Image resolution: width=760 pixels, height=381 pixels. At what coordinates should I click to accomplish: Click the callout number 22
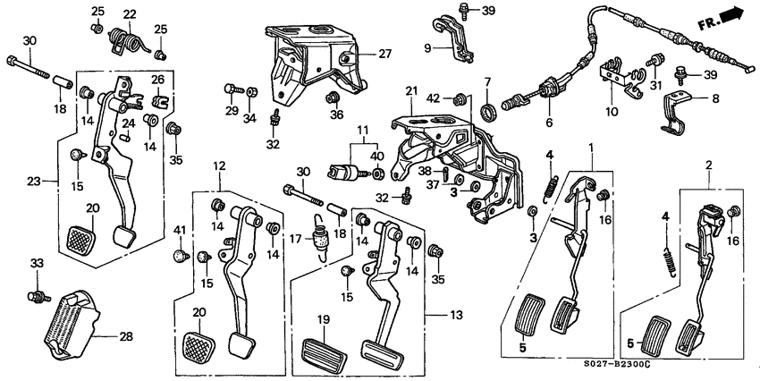coord(130,14)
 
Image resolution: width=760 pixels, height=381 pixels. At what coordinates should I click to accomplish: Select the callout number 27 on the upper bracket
coord(384,54)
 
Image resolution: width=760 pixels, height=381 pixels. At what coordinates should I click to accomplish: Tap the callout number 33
coord(36,263)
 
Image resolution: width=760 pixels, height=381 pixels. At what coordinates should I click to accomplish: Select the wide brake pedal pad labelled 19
coord(324,348)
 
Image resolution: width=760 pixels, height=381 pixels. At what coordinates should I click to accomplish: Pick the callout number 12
coord(219,166)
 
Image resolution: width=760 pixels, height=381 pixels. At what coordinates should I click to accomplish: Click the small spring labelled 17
coord(317,236)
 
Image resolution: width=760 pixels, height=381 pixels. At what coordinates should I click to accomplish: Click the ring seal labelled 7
coord(489,111)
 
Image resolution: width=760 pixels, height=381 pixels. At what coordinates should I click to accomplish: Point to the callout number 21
coord(411,90)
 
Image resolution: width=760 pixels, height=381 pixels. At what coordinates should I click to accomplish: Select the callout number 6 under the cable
coord(548,123)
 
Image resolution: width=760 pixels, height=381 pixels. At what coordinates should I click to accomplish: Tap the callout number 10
coord(612,112)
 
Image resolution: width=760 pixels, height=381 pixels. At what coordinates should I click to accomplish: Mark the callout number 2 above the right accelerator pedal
coord(708,166)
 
